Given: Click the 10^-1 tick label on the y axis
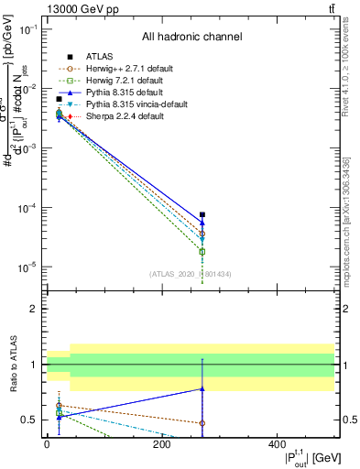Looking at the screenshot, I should pyautogui.click(x=28, y=29).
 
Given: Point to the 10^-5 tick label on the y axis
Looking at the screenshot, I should pyautogui.click(x=28, y=267).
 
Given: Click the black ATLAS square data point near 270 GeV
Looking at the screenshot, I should pyautogui.click(x=202, y=214).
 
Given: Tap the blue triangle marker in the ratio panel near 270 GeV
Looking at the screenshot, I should pyautogui.click(x=202, y=389).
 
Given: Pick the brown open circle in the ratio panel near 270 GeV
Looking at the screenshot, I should pyautogui.click(x=202, y=423).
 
